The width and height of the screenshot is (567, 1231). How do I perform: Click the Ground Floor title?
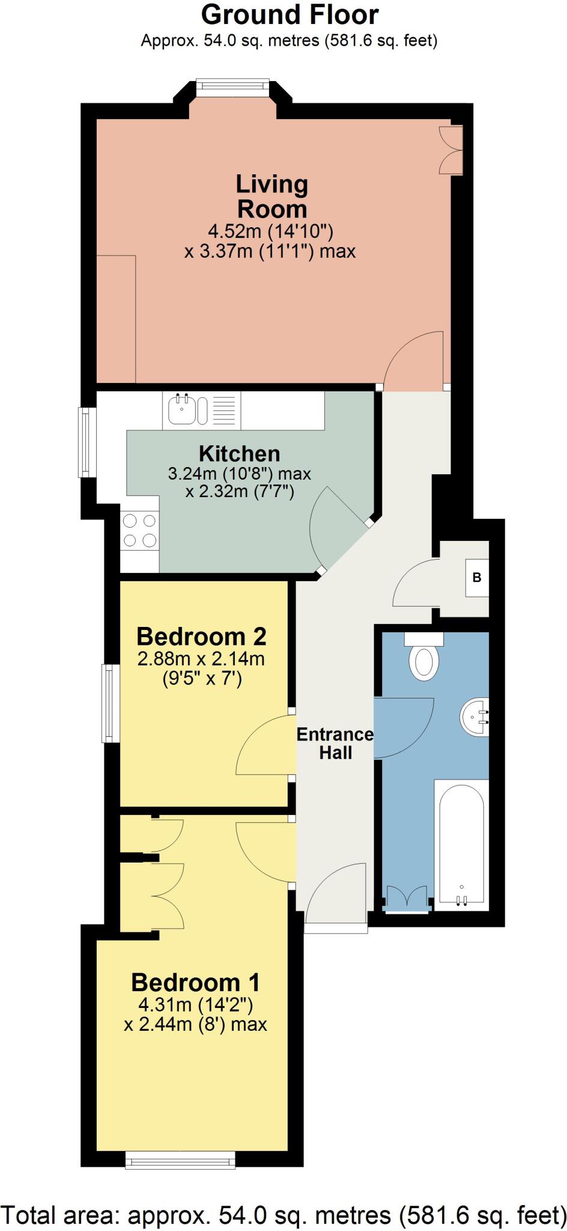click(x=290, y=14)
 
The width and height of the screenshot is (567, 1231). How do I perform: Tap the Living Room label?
click(x=272, y=197)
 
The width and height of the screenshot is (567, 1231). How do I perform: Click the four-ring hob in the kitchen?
click(x=139, y=531)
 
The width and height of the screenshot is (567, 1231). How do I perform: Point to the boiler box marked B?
click(x=477, y=578)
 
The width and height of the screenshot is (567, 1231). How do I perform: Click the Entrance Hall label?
click(x=335, y=743)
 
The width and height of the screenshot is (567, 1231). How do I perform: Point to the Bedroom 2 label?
click(x=201, y=636)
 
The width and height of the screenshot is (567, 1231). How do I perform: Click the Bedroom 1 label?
click(x=196, y=982)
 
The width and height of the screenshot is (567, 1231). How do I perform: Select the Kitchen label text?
click(x=240, y=453)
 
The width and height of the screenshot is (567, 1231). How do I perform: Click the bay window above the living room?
click(x=232, y=88)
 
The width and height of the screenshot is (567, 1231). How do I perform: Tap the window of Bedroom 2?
click(x=111, y=703)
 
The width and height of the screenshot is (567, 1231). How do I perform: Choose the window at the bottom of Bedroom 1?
click(x=180, y=1160)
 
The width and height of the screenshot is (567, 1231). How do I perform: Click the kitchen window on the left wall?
click(x=88, y=442)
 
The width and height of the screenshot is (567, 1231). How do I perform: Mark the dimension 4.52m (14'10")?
click(x=270, y=231)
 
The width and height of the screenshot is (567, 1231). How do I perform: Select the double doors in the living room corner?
click(x=451, y=150)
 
